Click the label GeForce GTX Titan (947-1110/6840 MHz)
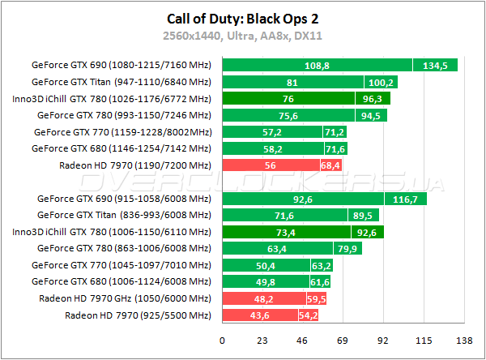[121, 82]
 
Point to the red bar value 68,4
[329, 165]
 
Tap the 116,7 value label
[403, 198]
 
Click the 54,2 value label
[308, 315]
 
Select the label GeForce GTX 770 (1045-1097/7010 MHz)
[121, 265]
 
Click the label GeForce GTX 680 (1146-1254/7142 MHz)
[121, 148]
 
